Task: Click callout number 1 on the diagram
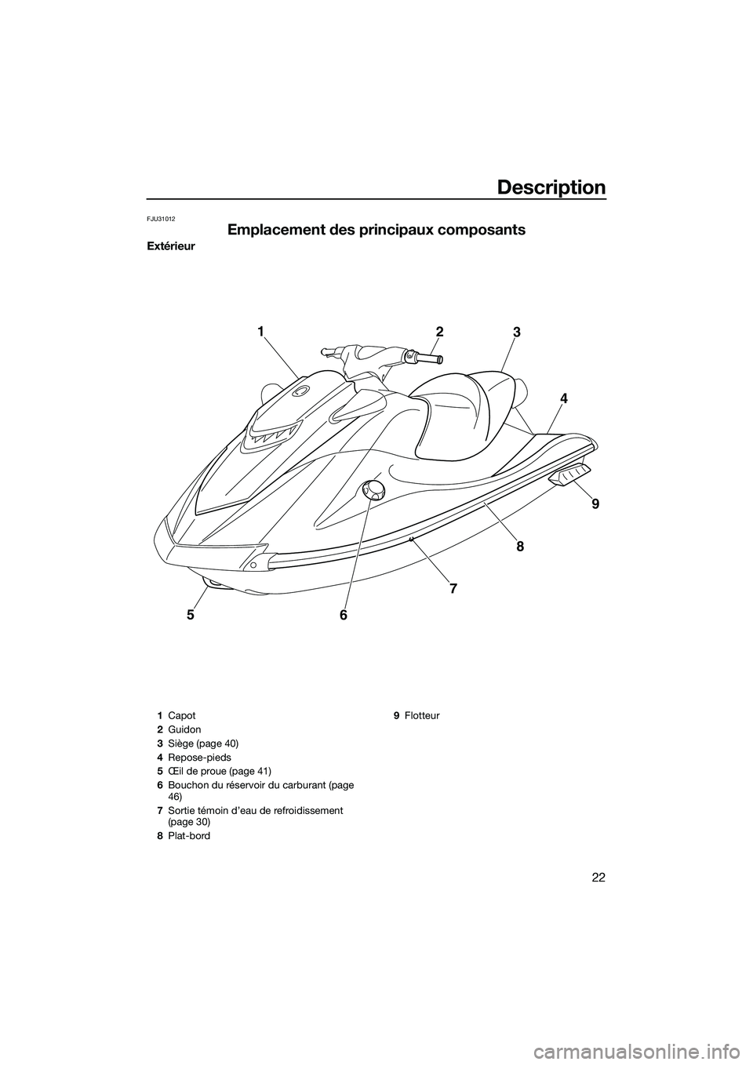[259, 332]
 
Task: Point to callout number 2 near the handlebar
[440, 332]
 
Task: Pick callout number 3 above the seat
[516, 333]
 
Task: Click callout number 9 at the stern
[595, 505]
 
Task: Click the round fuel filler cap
[373, 491]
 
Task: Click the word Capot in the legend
[182, 716]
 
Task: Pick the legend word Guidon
[184, 729]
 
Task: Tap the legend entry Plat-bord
[189, 836]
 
